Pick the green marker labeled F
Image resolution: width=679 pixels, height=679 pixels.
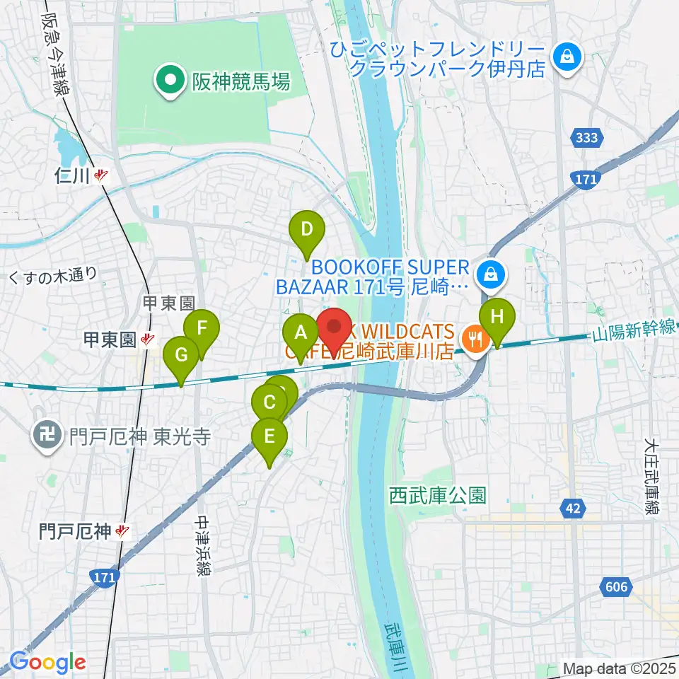202,329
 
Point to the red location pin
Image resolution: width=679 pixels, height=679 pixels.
335,327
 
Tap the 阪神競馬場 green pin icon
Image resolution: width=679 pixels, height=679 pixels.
170,83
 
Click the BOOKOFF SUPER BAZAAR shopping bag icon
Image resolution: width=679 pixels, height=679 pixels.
489,272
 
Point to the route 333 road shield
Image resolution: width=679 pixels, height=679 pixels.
586,139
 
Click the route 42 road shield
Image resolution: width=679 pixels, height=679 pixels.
574,506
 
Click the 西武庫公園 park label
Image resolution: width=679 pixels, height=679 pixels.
438,494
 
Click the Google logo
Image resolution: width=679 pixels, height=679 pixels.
47,662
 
